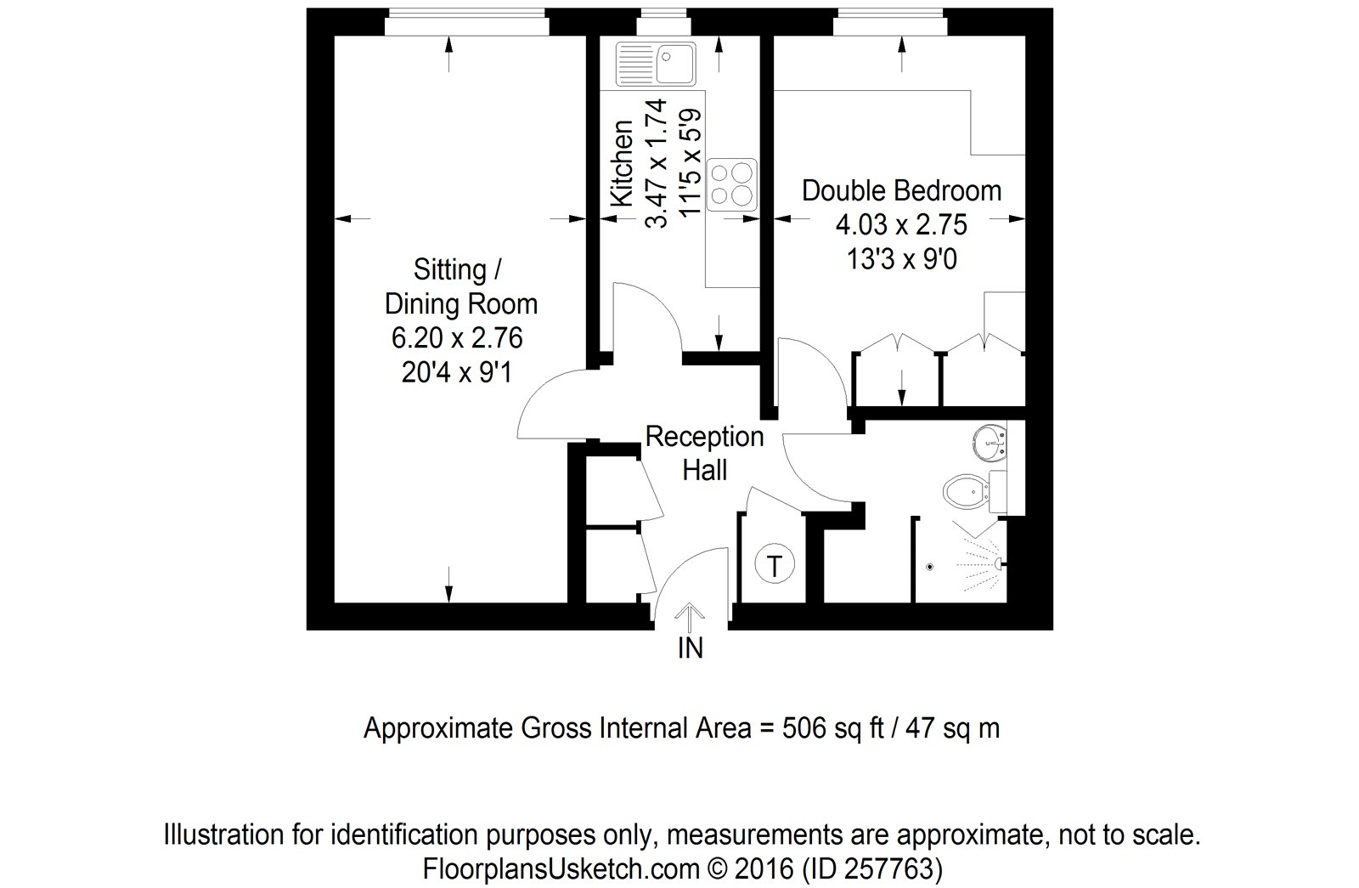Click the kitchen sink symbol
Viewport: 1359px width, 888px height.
(656, 63)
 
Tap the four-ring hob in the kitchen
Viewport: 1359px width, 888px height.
(731, 184)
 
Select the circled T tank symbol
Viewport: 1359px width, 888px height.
(774, 565)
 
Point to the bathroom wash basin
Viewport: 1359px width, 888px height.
(990, 442)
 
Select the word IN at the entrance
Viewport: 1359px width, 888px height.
(690, 648)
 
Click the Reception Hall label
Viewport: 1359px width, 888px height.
(704, 453)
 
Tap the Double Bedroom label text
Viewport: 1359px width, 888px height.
(901, 190)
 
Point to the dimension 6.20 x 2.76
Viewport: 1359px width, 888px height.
(457, 338)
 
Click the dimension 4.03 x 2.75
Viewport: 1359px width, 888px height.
(901, 225)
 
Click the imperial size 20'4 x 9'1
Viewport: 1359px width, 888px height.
(457, 372)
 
